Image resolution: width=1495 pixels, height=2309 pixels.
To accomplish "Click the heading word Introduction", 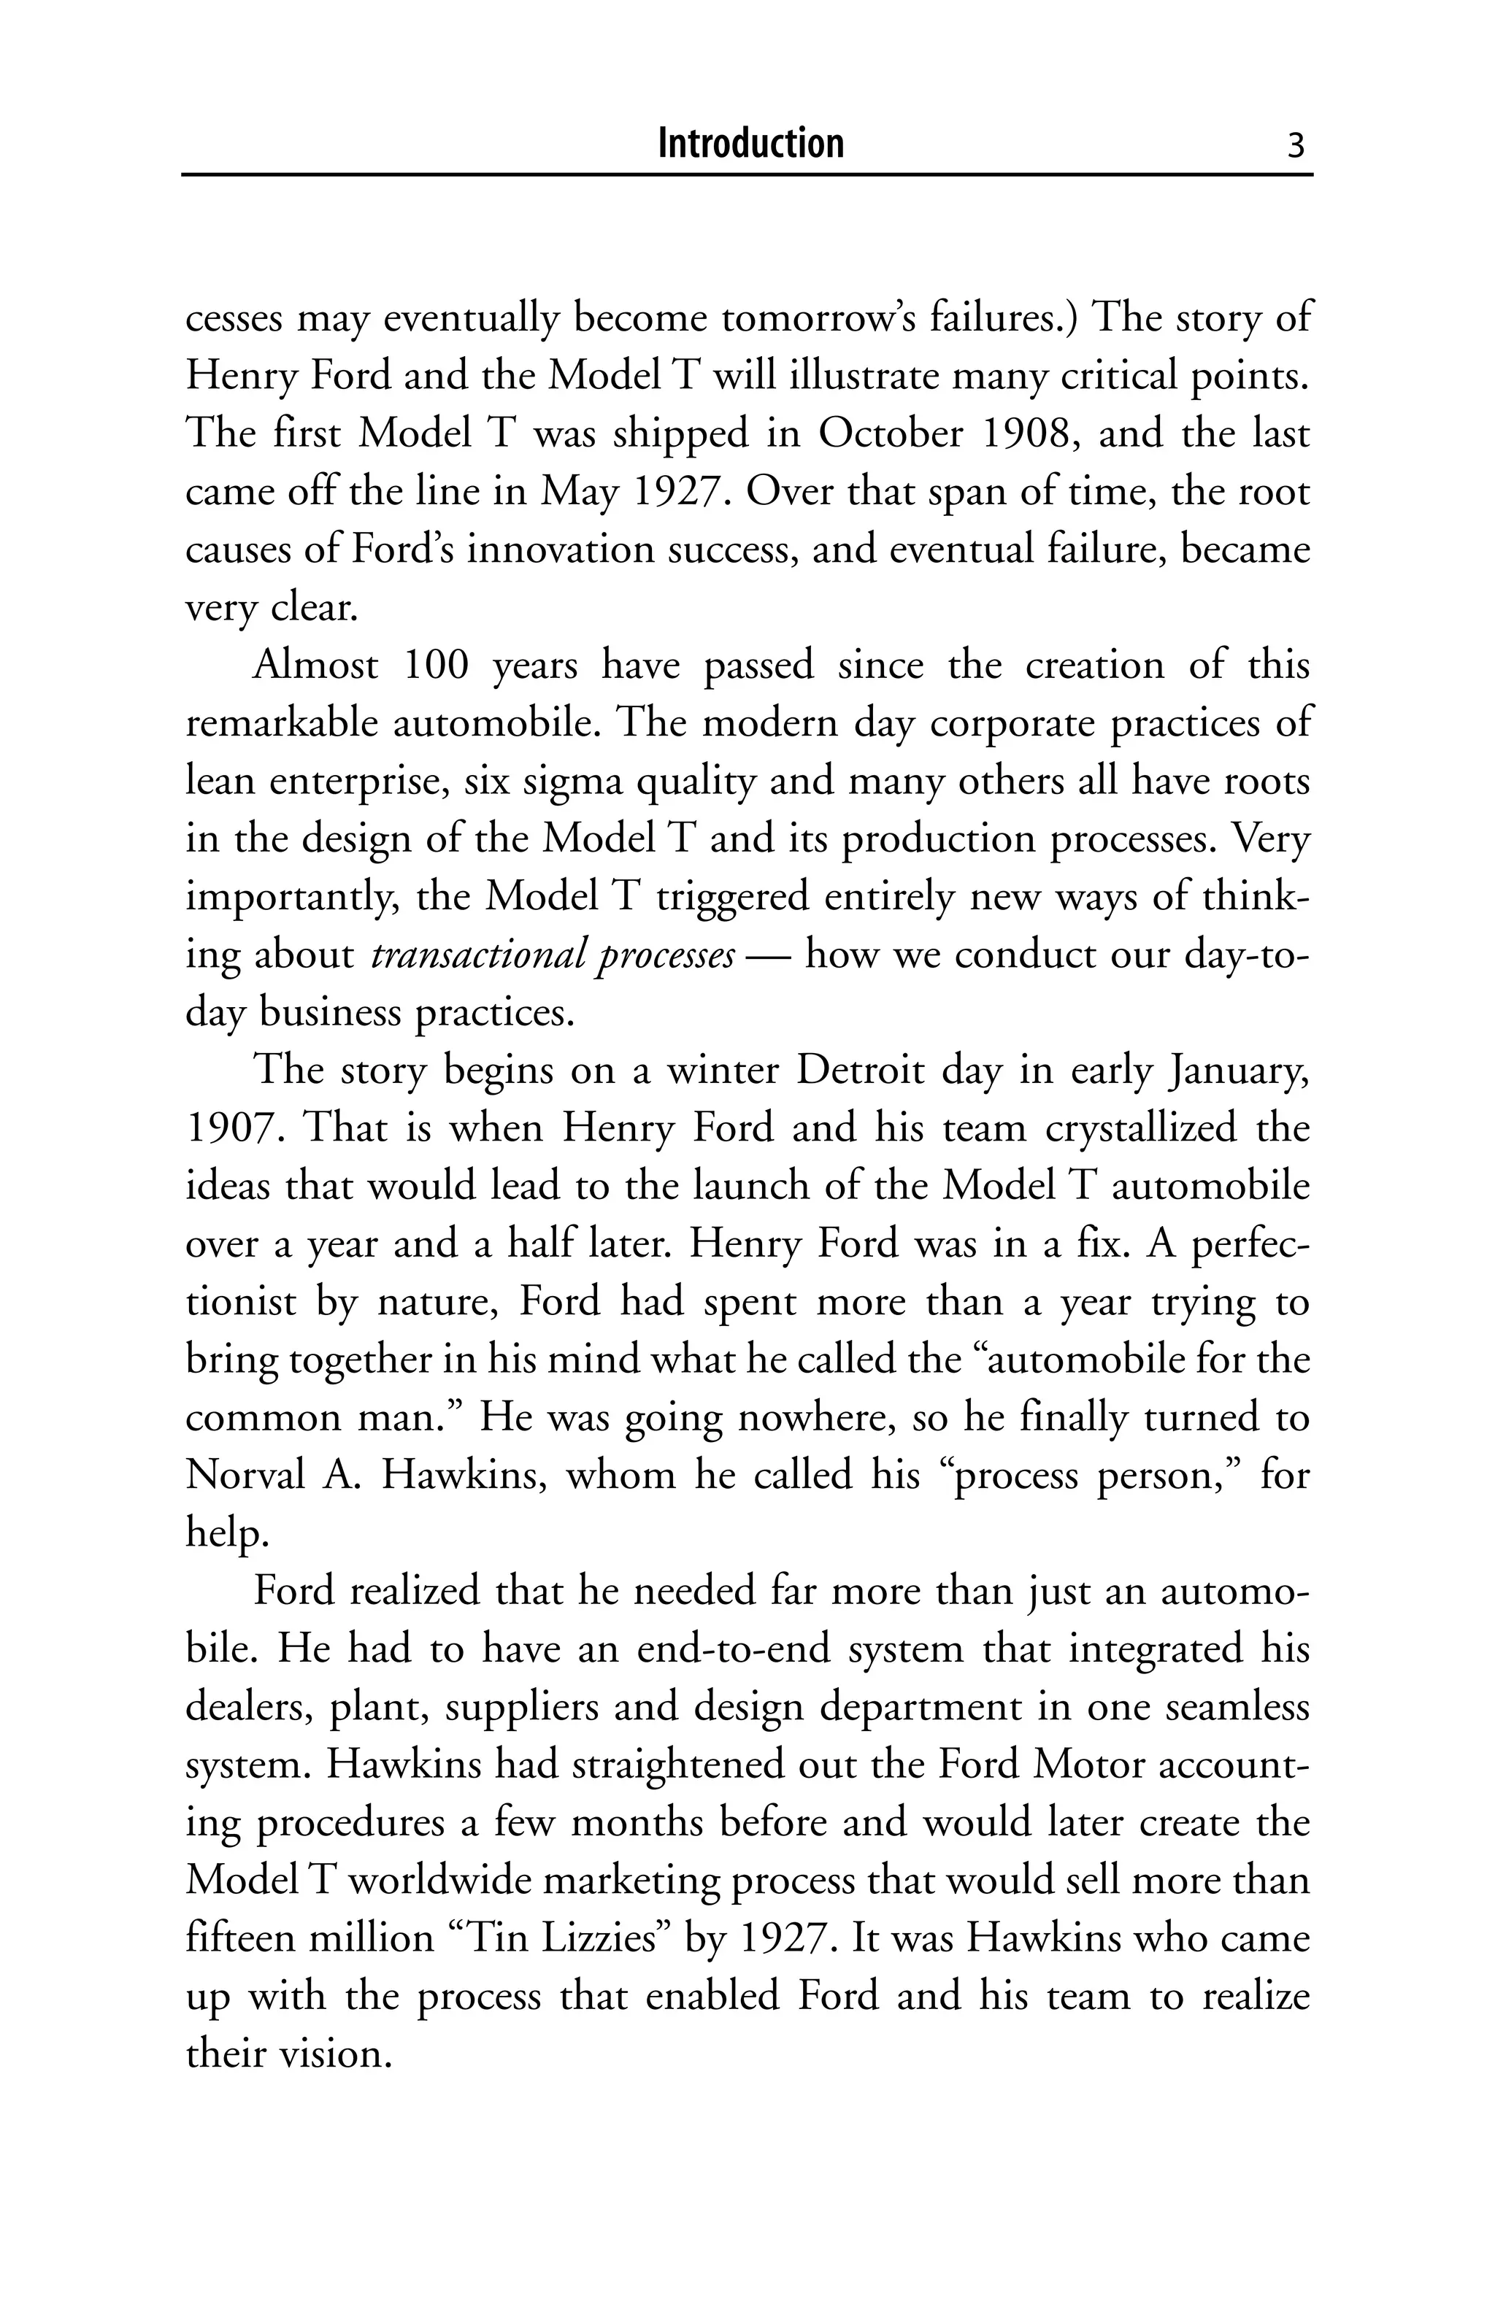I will click(750, 144).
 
